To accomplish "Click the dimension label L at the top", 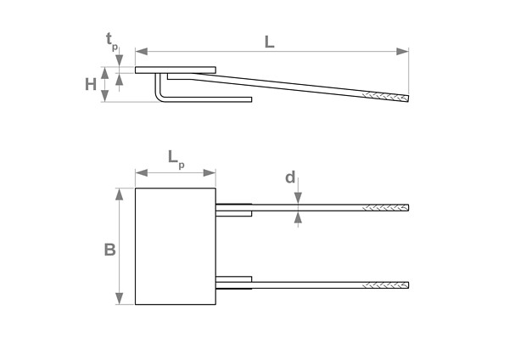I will coord(269,40).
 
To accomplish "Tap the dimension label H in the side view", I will coord(91,84).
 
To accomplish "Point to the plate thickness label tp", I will coord(112,40).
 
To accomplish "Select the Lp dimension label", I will coord(176,158).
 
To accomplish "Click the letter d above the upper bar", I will coord(290,177).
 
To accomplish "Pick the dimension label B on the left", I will coord(109,250).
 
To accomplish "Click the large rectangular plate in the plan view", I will coord(176,246).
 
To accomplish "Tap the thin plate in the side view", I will coord(176,70).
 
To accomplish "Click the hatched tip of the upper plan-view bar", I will coord(386,208).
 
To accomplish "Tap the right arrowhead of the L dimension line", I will coord(406,52).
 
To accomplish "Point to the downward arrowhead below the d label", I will coord(298,199).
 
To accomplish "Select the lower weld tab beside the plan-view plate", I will coord(234,281).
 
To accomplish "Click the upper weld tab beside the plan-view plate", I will coord(234,209).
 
